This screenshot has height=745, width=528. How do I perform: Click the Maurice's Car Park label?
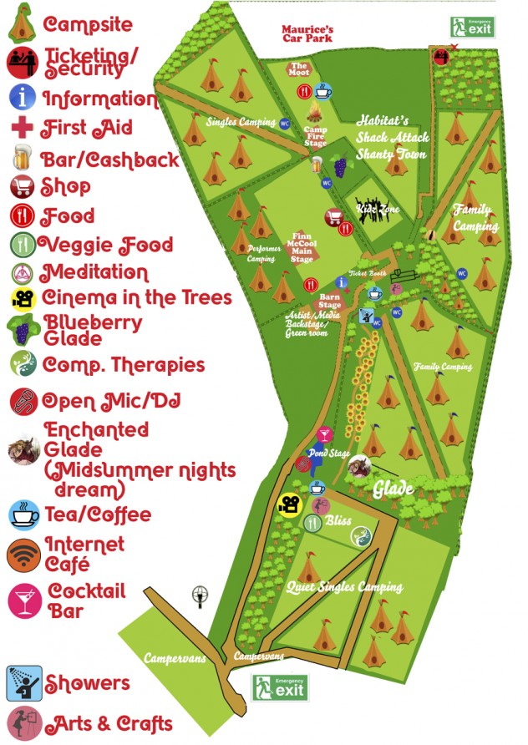pos(308,33)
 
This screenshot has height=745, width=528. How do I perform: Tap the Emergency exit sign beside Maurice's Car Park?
pos(473,27)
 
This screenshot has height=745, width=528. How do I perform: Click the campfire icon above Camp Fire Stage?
pos(316,112)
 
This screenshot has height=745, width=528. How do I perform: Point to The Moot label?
pos(299,69)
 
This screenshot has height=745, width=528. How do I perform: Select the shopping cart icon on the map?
pos(334,219)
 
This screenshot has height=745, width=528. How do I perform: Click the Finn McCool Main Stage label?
pos(302,247)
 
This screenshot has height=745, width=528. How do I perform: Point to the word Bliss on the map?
pos(338,520)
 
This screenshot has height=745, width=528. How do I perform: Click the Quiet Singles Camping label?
pos(345,587)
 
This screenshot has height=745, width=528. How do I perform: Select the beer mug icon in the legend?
pos(21,158)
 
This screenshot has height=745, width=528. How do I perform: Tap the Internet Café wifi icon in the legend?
pos(23,554)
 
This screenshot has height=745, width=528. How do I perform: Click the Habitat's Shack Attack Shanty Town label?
pos(392,137)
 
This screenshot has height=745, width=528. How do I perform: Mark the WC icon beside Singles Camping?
pos(285,123)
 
